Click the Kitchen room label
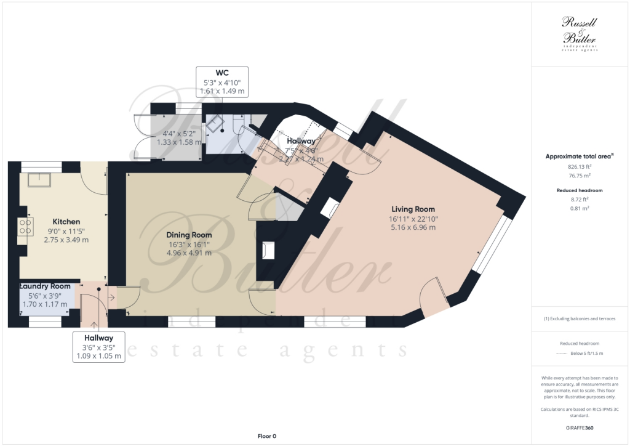[66, 222]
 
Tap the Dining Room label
[189, 235]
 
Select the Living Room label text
[412, 209]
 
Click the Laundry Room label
[45, 286]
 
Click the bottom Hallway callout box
[99, 346]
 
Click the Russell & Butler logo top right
[580, 34]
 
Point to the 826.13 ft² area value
[580, 166]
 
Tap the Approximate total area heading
[578, 156]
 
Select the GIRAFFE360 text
[580, 428]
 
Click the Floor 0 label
[266, 436]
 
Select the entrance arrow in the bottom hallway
[111, 298]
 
